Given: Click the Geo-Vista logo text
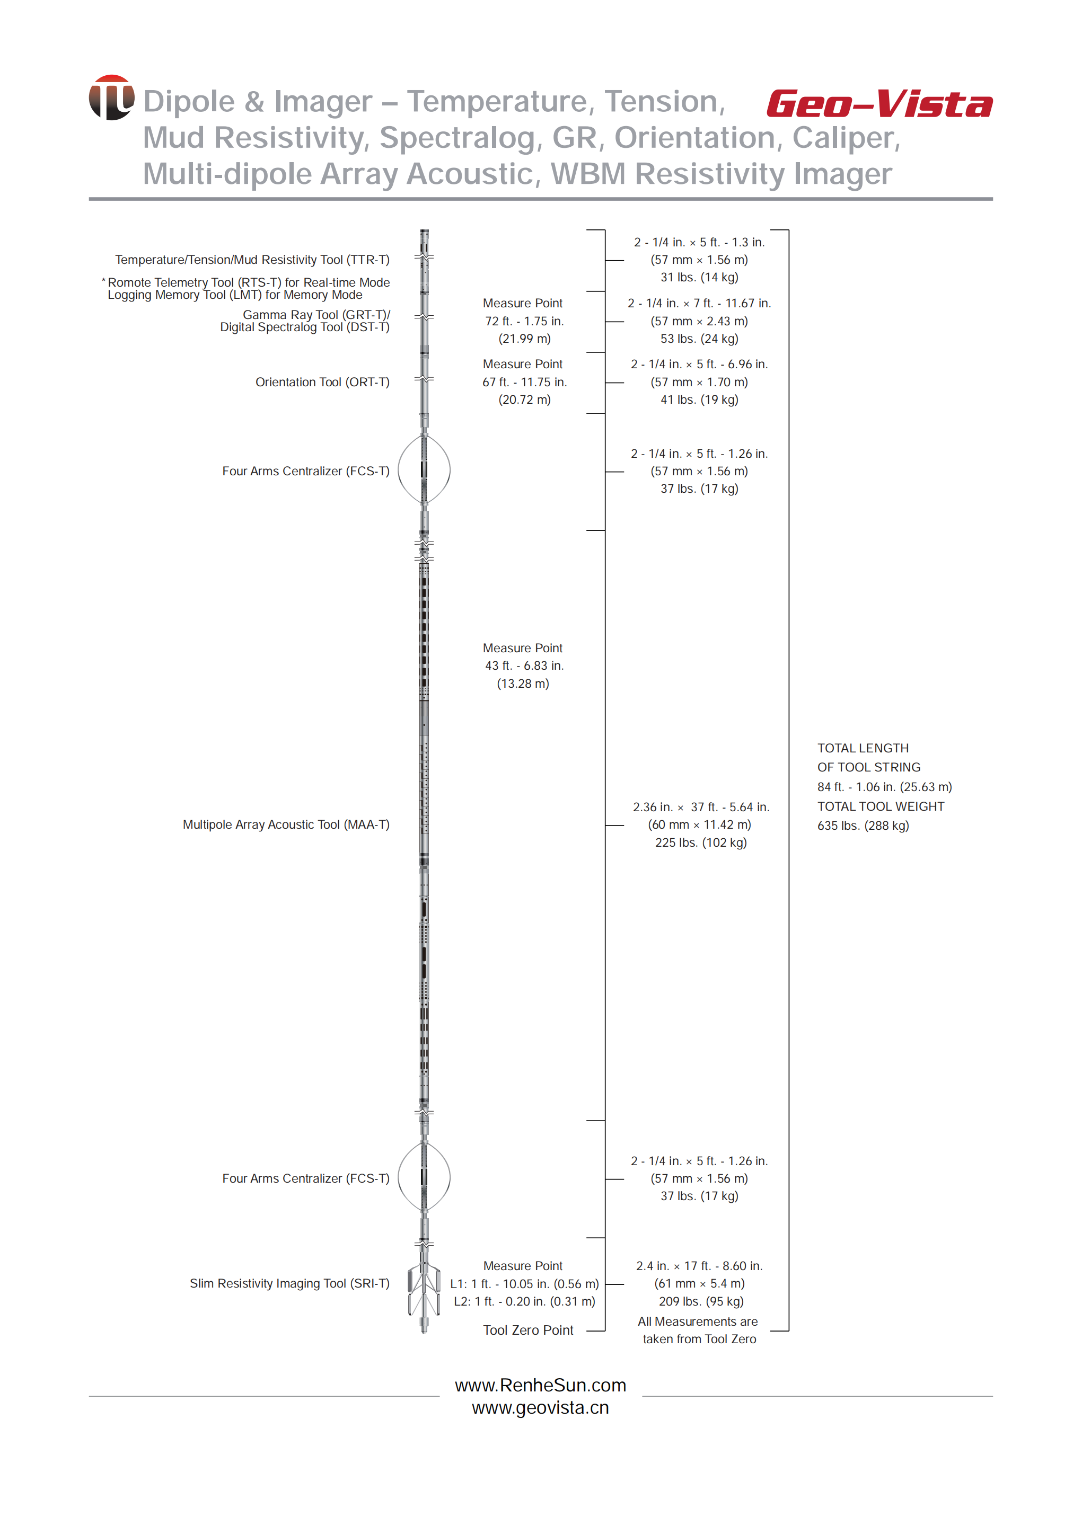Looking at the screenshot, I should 879,104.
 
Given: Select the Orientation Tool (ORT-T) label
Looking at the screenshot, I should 322,382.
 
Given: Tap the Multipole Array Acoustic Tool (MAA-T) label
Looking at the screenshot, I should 286,824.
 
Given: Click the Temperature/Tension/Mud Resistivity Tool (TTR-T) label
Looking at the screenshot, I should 252,260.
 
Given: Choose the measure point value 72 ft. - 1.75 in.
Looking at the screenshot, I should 524,321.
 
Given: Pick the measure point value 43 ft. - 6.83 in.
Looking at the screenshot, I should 524,666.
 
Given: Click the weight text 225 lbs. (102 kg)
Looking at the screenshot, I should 701,842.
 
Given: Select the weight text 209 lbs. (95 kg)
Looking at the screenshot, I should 701,1301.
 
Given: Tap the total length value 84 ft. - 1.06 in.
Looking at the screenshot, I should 884,786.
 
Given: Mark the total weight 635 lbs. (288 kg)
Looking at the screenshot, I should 863,826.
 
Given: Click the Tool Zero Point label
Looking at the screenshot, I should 527,1330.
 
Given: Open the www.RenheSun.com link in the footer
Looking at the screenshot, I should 540,1385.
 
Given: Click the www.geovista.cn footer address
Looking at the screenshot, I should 540,1407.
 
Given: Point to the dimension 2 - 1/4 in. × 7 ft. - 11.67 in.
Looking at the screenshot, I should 699,303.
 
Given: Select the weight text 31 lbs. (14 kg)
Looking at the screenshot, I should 699,277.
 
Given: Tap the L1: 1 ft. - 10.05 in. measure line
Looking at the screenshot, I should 524,1283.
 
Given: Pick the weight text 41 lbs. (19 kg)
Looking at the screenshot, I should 699,400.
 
